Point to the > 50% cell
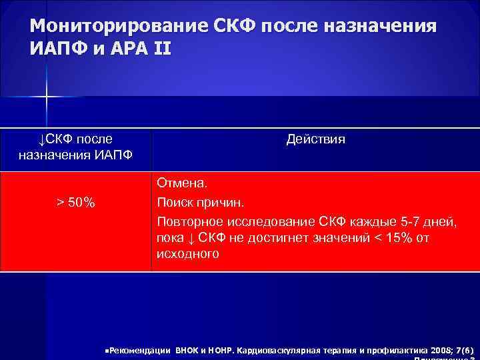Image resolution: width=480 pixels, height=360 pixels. coord(75,203)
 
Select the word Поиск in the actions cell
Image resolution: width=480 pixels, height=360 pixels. coord(175,202)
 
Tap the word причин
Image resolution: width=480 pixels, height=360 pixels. coord(222,202)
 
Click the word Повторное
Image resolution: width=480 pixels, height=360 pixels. coord(188,221)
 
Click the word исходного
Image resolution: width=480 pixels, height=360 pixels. coord(187,254)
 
